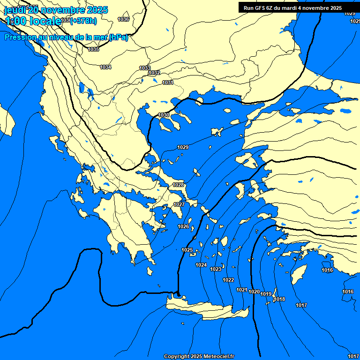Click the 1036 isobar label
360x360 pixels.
click(123, 19)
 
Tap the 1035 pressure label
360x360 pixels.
click(93, 49)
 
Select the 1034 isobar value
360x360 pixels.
click(105, 67)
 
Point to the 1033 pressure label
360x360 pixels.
click(145, 68)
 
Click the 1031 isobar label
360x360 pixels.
click(168, 82)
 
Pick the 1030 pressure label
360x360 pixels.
click(164, 115)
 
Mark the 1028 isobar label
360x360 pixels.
click(178, 185)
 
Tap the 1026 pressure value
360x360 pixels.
click(183, 226)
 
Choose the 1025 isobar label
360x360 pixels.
click(187, 250)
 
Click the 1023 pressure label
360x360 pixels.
click(216, 269)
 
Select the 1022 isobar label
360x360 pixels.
click(228, 280)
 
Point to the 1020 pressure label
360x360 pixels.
click(254, 292)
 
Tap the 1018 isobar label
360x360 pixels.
click(280, 299)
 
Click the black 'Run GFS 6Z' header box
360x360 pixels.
click(292, 7)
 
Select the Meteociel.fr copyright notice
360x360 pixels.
click(199, 356)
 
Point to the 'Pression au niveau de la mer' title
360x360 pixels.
click(66, 37)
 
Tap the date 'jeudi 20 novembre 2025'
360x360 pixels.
click(56, 9)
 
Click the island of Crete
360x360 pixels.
click(206, 310)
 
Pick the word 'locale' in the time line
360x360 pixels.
click(45, 21)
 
